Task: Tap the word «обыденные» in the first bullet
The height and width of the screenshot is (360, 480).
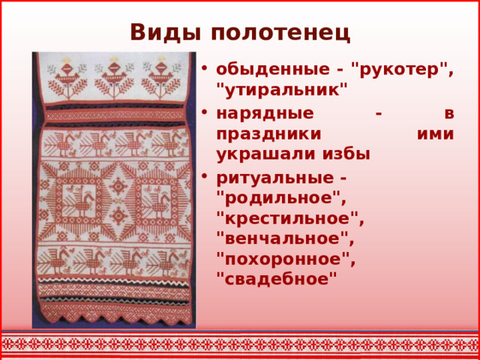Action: coord(267,70)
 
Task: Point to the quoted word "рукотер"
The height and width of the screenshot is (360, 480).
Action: coord(404,70)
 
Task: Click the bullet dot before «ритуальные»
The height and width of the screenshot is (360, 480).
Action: coord(205,179)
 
